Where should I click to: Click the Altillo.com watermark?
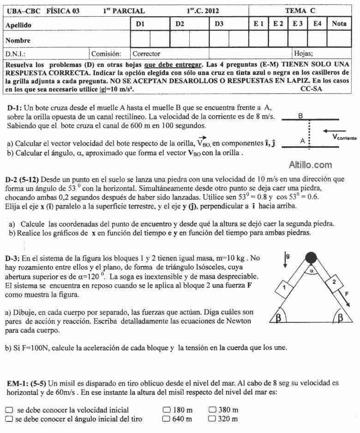tap(310, 165)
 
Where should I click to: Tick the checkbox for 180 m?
tap(166, 409)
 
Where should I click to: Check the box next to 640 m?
tap(166, 419)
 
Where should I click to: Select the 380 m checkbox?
tap(212, 409)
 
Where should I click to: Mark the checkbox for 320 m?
tap(212, 419)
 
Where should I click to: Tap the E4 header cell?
tap(317, 24)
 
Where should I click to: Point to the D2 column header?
tap(180, 24)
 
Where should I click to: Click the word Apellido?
tap(18, 25)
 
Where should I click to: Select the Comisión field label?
tap(106, 53)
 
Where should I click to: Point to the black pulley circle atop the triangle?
tap(312, 256)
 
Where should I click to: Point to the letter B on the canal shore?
tap(300, 116)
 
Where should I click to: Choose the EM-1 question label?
tap(18, 383)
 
